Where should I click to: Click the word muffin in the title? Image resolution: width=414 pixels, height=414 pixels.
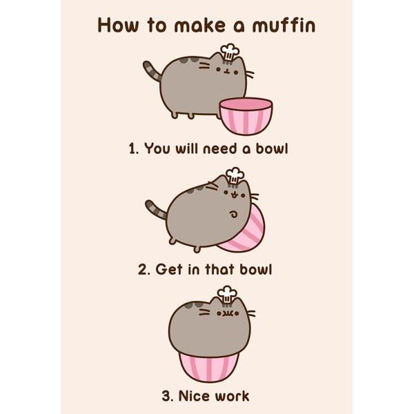(284, 25)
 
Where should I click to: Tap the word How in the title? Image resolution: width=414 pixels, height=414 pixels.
(118, 26)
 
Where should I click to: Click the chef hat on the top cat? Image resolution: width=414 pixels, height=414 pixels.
(230, 52)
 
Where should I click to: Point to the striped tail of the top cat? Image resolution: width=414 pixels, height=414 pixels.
(152, 71)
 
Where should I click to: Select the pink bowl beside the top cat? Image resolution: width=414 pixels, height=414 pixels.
(246, 116)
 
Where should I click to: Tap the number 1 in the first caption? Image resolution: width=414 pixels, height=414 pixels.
(132, 149)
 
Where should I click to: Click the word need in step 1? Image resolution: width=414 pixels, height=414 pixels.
(220, 149)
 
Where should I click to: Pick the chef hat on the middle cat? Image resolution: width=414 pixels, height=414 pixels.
(235, 176)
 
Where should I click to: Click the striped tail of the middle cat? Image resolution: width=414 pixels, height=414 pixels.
(155, 209)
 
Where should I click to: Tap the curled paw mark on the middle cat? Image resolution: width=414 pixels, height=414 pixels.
(233, 214)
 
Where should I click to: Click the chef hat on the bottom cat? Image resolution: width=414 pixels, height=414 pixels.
(227, 295)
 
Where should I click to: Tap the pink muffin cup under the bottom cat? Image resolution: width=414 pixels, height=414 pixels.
(208, 366)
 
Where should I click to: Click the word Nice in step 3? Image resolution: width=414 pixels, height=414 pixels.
(194, 396)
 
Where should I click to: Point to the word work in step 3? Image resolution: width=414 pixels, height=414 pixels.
(232, 396)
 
